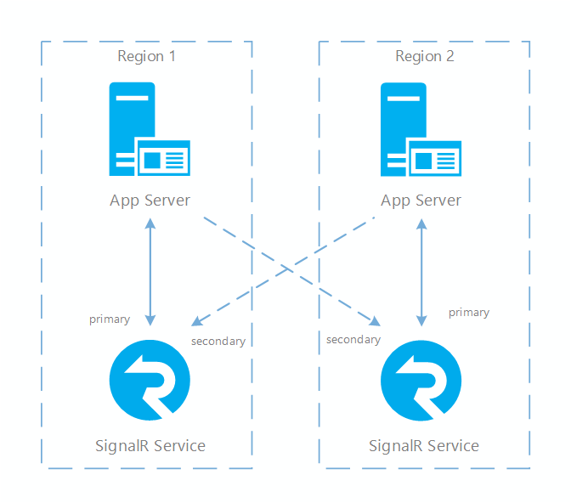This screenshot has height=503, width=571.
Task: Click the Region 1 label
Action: [x=146, y=56]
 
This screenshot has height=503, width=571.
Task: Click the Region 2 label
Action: [x=424, y=56]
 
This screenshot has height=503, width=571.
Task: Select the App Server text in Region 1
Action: [x=150, y=201]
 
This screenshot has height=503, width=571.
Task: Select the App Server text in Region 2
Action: [x=421, y=201]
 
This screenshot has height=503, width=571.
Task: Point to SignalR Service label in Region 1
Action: [x=150, y=445]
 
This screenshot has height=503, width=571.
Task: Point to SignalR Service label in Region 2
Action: [x=423, y=445]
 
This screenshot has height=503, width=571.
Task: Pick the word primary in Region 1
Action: [x=110, y=319]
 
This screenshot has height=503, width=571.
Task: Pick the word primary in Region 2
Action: [x=469, y=313]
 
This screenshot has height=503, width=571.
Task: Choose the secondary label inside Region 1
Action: [x=218, y=342]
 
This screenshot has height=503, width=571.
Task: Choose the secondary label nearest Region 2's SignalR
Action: [x=353, y=340]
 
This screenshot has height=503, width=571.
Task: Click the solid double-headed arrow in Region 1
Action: [x=150, y=272]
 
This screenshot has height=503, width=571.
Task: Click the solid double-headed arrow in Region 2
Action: [x=421, y=272]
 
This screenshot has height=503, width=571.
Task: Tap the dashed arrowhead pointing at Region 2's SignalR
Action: [x=374, y=321]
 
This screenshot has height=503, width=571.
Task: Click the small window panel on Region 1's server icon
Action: [x=163, y=158]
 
